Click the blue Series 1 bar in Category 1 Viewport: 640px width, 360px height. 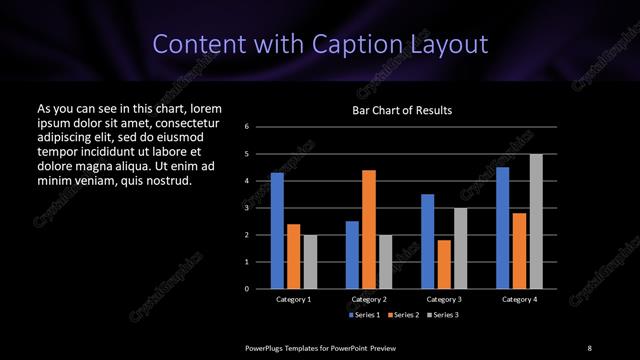pos(277,230)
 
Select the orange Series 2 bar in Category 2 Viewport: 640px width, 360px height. pos(369,229)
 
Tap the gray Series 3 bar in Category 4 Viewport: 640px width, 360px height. pos(536,221)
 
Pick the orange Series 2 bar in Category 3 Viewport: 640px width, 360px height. pos(444,264)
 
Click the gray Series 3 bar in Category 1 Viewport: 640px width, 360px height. pos(310,261)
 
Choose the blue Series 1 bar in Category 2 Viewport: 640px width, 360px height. pos(352,254)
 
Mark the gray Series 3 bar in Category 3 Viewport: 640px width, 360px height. pos(460,248)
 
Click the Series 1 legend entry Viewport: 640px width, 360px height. pos(364,314)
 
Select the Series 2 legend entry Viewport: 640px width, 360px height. pos(402,314)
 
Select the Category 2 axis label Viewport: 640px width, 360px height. pos(369,299)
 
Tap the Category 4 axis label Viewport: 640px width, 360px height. pos(519,299)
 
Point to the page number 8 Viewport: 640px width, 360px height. pos(590,347)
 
